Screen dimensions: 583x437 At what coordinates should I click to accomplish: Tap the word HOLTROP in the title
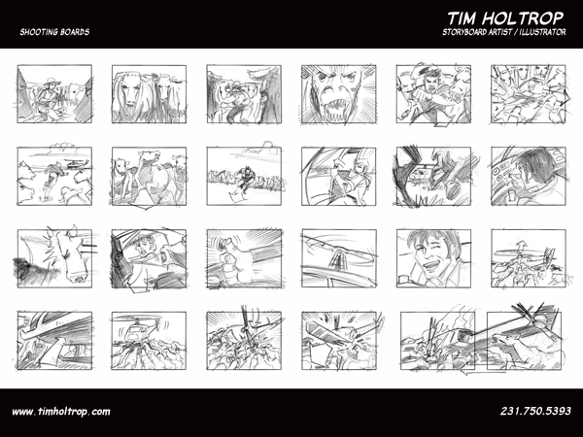(528, 18)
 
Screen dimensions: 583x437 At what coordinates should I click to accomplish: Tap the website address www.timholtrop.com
(61, 412)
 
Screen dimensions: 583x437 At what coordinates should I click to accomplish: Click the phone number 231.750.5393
(535, 411)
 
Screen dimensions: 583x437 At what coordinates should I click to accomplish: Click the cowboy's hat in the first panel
(52, 81)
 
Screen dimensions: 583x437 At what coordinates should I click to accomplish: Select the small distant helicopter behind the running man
(76, 163)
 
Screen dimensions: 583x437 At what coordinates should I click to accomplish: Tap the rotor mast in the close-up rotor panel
(336, 260)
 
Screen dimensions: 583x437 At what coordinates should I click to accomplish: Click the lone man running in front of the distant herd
(245, 180)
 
